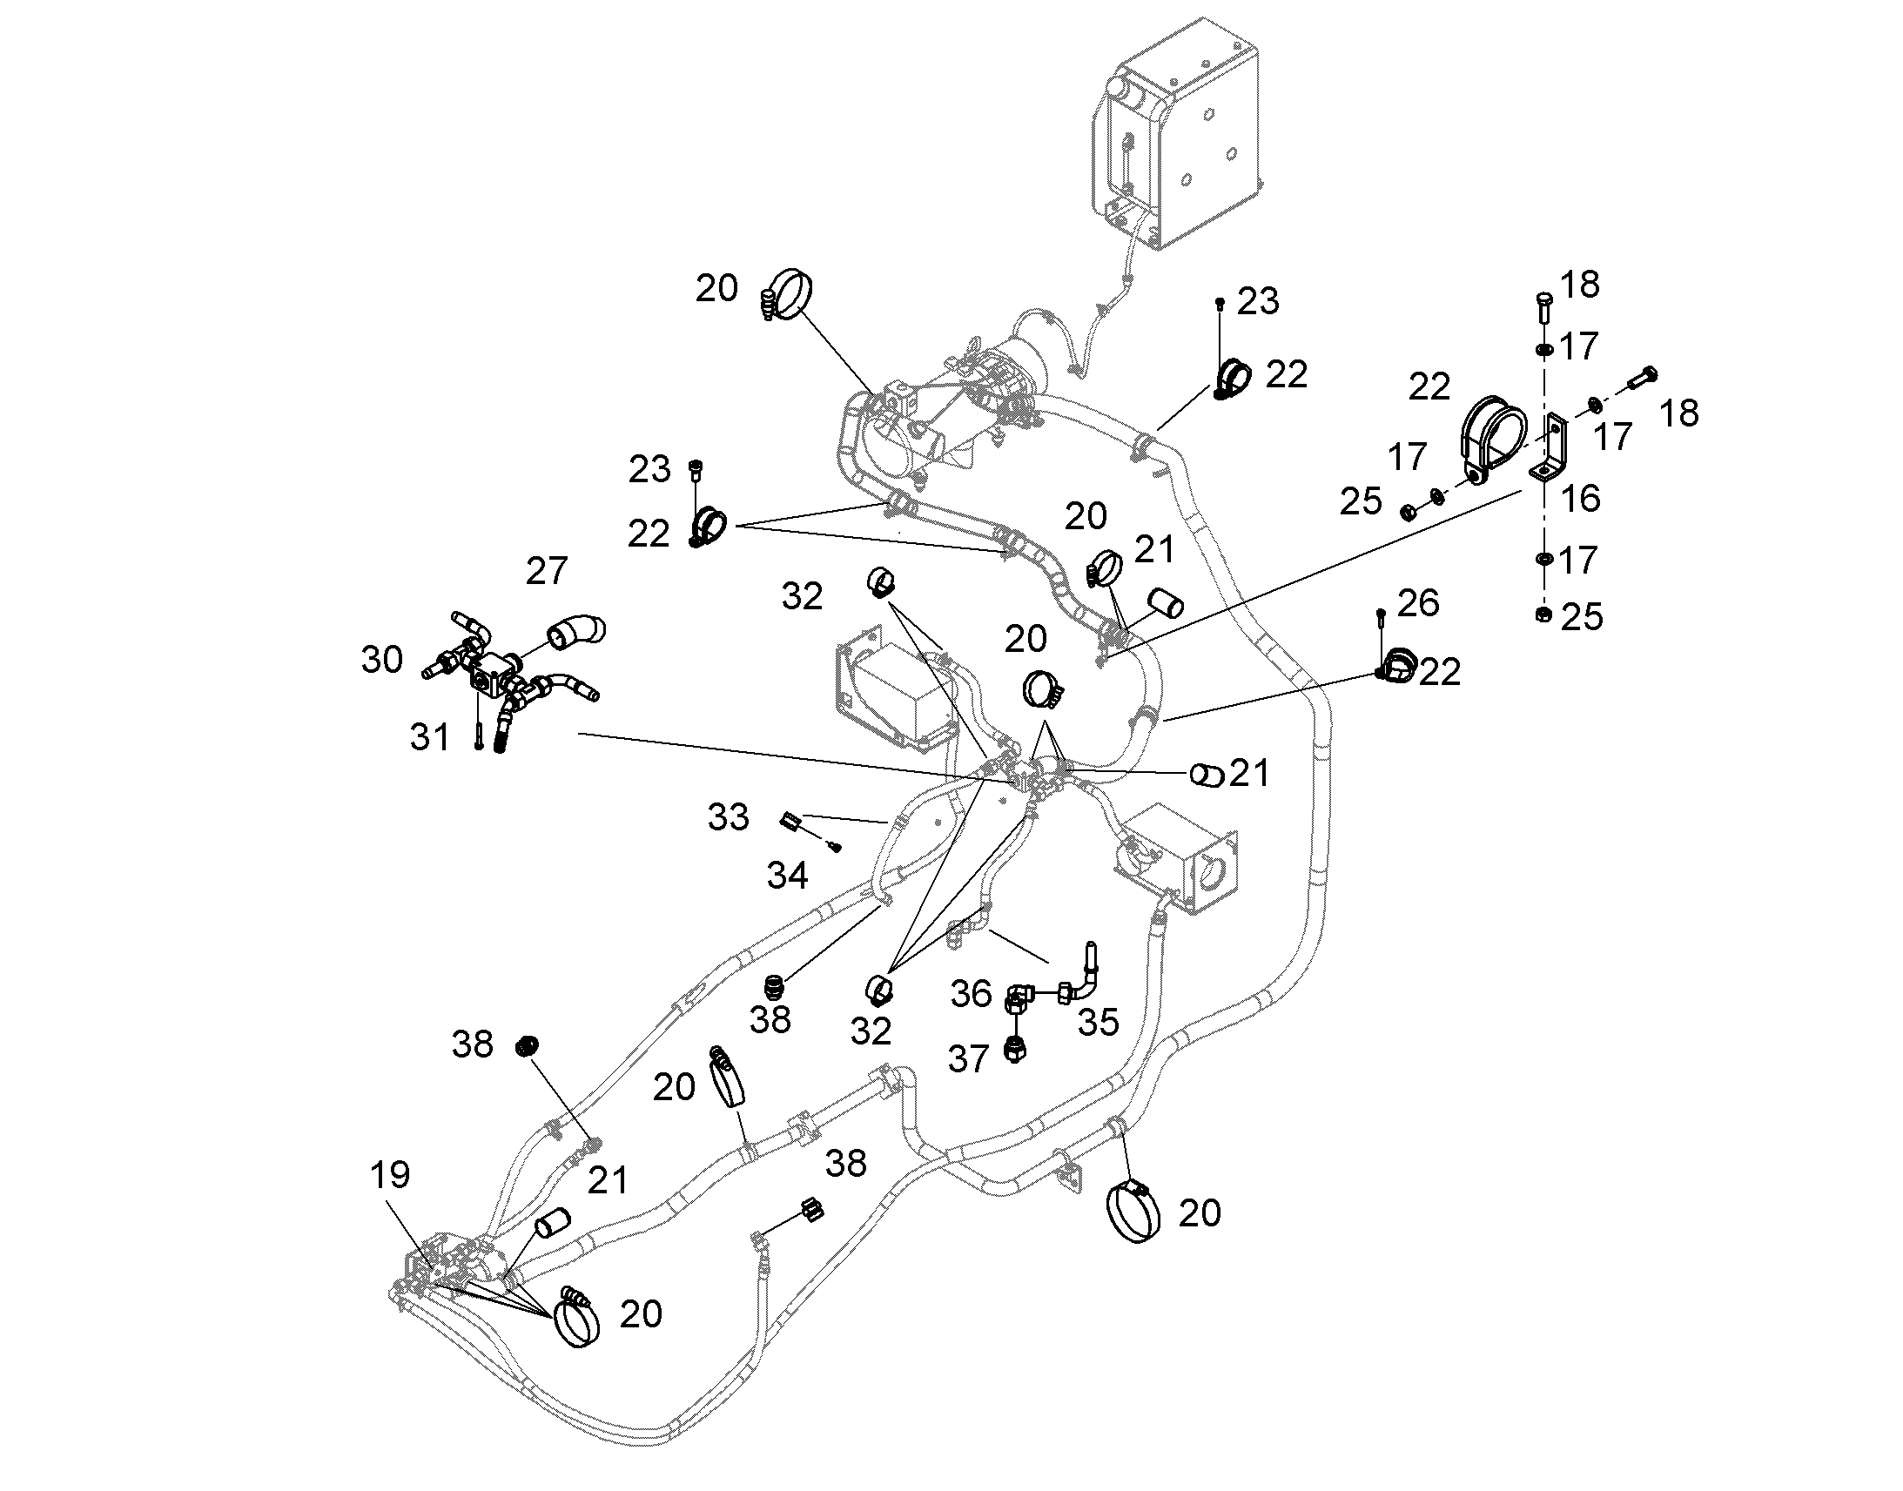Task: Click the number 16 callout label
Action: tap(1580, 499)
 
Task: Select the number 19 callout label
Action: tap(390, 1175)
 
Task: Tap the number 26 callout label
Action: tap(1418, 603)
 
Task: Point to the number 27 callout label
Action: tap(548, 571)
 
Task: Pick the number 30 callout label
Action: tap(382, 660)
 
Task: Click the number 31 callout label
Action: tap(429, 738)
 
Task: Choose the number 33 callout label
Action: tap(728, 817)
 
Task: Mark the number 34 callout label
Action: tap(787, 875)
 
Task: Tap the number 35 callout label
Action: tap(1098, 1023)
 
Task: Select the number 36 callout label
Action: tap(972, 994)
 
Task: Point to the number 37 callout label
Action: tap(969, 1060)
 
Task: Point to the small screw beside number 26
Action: tap(1381, 621)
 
